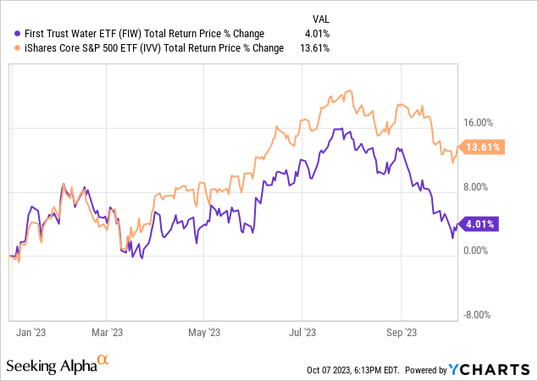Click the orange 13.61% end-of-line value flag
(x=484, y=146)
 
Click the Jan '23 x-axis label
(x=31, y=333)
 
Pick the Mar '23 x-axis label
(x=108, y=333)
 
